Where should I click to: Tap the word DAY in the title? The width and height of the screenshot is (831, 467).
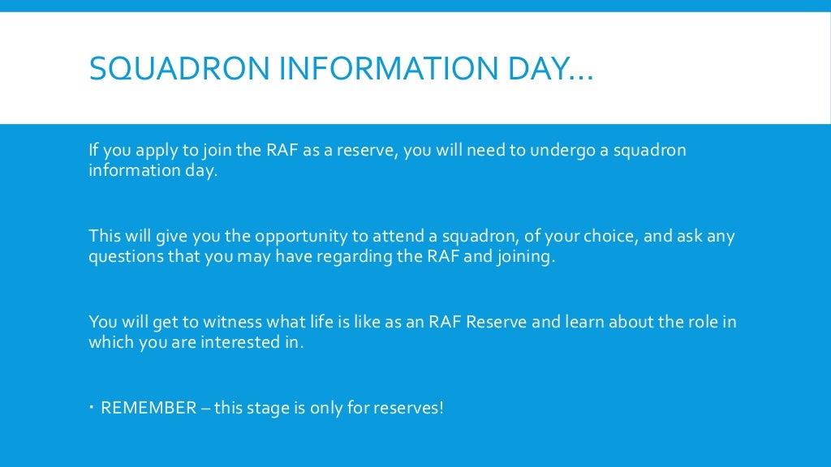(527, 68)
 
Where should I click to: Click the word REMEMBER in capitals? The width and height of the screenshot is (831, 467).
(149, 408)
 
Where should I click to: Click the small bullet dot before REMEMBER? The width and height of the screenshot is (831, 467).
(92, 405)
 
